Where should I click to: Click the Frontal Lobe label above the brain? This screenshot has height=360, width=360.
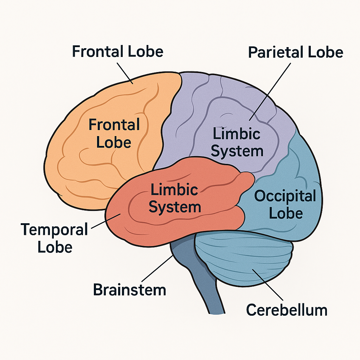tap(117, 51)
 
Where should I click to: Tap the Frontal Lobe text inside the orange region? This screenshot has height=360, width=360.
tap(114, 134)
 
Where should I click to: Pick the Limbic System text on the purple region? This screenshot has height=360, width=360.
tap(237, 142)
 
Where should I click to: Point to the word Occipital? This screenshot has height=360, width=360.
tap(285, 196)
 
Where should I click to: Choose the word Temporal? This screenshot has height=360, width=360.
tap(54, 230)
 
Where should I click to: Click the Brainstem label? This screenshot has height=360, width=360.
tap(129, 290)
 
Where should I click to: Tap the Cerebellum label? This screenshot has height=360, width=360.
tap(287, 310)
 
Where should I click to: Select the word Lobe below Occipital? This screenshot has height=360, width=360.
tap(286, 213)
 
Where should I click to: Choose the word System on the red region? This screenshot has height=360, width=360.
tap(175, 207)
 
